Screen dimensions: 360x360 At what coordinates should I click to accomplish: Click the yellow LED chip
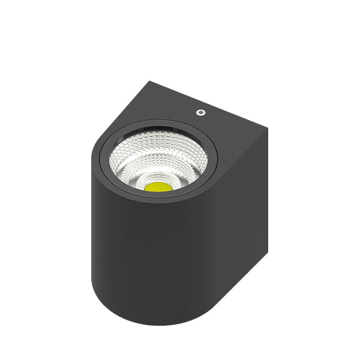[158, 186]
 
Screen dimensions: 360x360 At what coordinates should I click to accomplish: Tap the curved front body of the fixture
[150, 258]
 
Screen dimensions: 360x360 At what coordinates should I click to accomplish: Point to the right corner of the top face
[266, 128]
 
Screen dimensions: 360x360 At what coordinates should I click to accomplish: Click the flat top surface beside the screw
[228, 129]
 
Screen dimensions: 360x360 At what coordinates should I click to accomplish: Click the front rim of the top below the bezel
[156, 202]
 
